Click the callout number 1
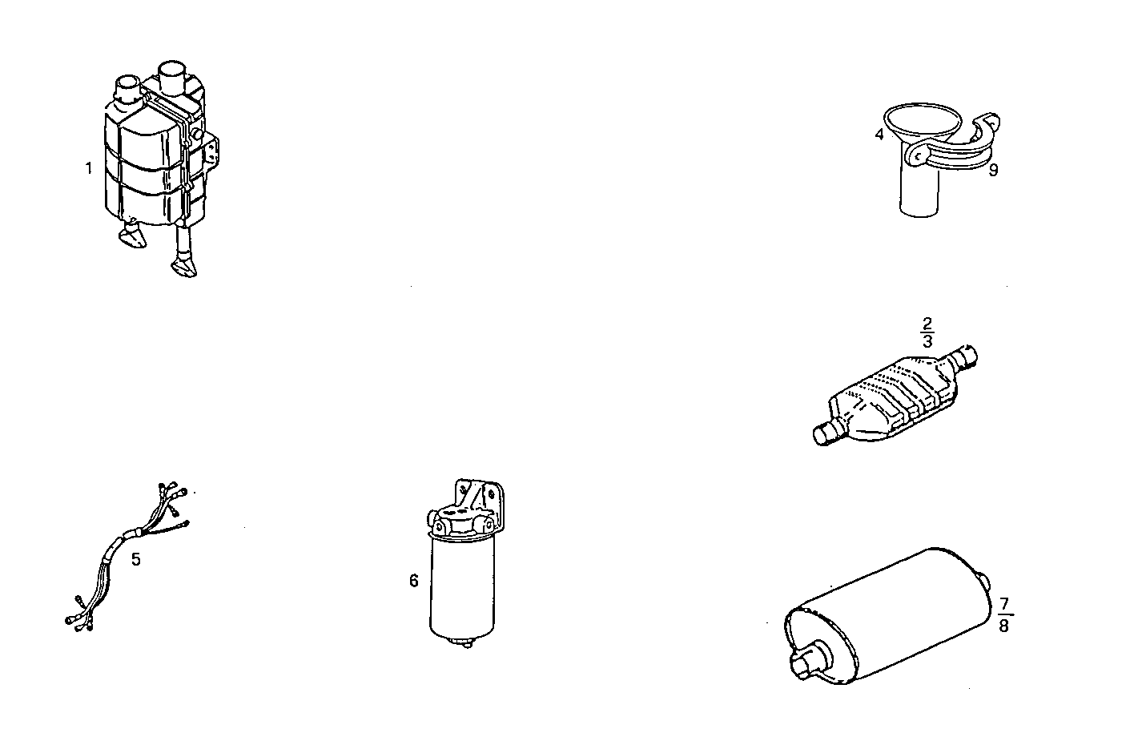tap(89, 168)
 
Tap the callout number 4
tap(879, 135)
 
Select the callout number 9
tap(993, 170)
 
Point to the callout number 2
tap(927, 324)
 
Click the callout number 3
tap(927, 340)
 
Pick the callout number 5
tap(136, 559)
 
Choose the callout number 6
tap(414, 581)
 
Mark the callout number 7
tap(1004, 603)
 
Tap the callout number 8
tap(1003, 626)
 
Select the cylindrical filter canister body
tap(463, 585)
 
